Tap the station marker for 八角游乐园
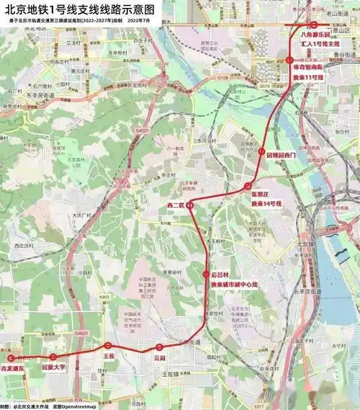pyautogui.click(x=314, y=25)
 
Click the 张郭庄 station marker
pyautogui.click(x=248, y=186)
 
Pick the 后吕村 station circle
pyautogui.click(x=206, y=275)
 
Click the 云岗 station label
pyautogui.click(x=159, y=358)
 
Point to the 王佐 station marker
pyautogui.click(x=108, y=346)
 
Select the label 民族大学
pyautogui.click(x=54, y=367)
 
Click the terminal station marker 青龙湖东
pyautogui.click(x=10, y=357)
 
